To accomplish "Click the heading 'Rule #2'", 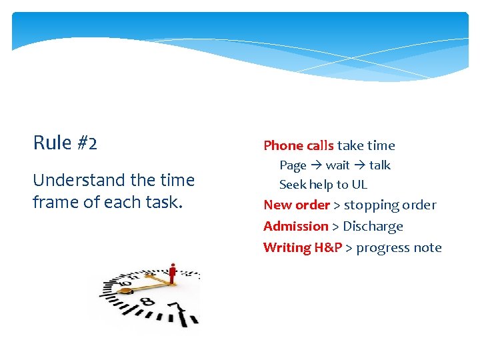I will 65,143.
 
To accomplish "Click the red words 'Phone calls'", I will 299,145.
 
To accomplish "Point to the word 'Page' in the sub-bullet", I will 293,165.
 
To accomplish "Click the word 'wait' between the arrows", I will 337,165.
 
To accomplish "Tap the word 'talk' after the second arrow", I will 379,165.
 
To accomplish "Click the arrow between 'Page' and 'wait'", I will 316,165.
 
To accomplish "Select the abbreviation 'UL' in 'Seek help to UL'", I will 359,185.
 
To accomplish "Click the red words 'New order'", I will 297,205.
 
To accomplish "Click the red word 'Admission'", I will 296,227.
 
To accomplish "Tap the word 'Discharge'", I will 373,227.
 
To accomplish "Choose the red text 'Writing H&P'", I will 303,248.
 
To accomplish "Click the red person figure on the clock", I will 173,273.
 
